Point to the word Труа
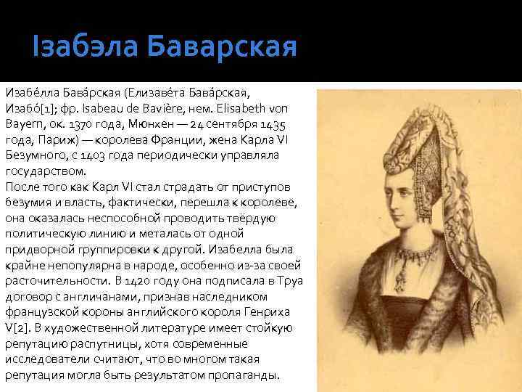(x=291, y=281)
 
